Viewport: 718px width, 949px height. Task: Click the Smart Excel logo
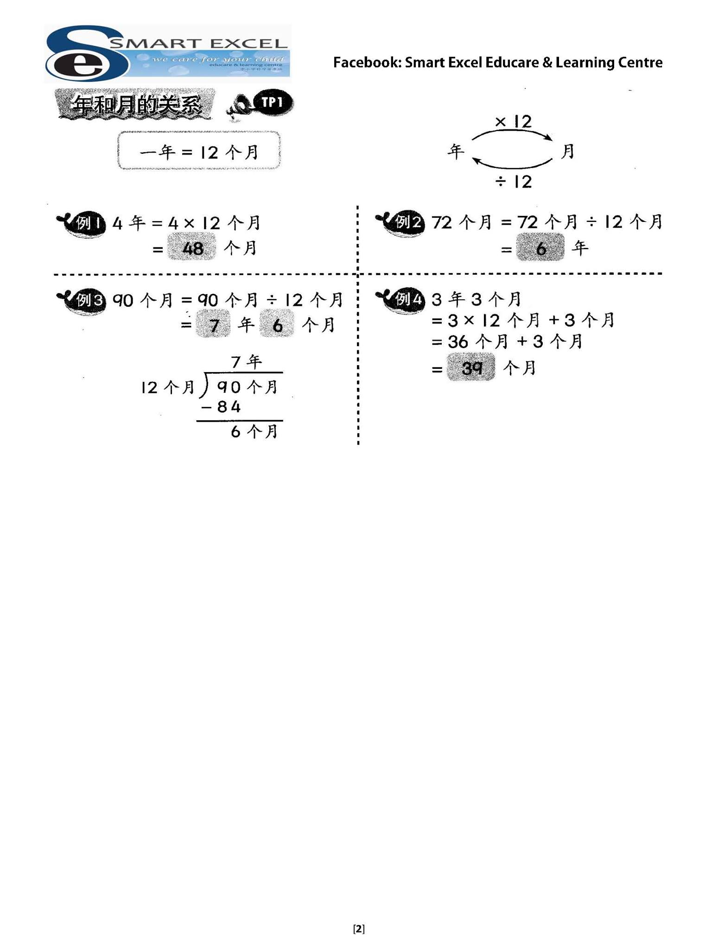point(167,53)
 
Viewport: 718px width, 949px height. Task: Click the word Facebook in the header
point(368,63)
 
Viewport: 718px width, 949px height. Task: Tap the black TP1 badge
point(273,102)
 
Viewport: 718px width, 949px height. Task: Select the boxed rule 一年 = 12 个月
point(199,151)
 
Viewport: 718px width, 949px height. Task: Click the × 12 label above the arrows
point(513,121)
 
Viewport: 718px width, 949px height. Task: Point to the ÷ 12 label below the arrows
point(513,182)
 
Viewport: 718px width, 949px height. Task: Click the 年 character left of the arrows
point(456,151)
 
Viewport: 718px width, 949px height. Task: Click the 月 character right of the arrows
point(567,151)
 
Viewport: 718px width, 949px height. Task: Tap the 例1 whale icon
point(82,224)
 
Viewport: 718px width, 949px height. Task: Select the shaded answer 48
point(192,248)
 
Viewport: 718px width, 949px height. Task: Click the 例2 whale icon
point(400,224)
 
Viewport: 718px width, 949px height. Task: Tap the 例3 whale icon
point(82,302)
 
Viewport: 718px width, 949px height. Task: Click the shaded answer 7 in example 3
point(213,324)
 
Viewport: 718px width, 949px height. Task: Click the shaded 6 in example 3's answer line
point(277,324)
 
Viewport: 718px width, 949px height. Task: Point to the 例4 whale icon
point(400,301)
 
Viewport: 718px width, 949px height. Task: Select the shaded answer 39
point(471,367)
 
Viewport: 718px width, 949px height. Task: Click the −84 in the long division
point(221,407)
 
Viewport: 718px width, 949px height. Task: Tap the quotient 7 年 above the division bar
point(246,361)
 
